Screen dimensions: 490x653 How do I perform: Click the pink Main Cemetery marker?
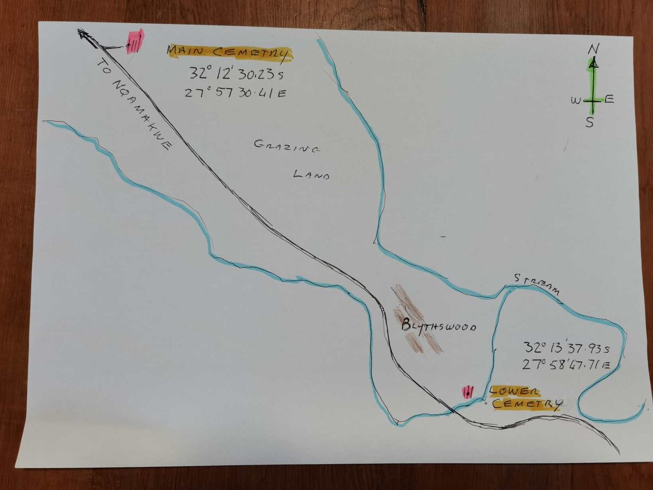(x=134, y=41)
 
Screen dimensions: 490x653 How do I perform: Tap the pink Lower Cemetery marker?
(x=467, y=392)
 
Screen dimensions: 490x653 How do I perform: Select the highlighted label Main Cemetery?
(x=230, y=53)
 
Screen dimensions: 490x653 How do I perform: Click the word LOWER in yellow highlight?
(x=514, y=391)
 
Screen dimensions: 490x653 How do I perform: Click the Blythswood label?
(x=439, y=327)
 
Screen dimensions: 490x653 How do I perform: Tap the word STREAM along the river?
(x=537, y=285)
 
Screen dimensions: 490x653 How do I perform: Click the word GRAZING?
(x=287, y=146)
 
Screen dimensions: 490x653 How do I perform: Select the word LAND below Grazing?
(x=311, y=175)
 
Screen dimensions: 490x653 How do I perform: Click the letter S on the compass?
(x=590, y=122)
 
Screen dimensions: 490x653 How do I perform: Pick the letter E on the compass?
(x=609, y=99)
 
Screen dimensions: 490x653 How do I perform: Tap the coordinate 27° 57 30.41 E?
(x=235, y=93)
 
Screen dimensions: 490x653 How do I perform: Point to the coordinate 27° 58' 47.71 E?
(x=566, y=364)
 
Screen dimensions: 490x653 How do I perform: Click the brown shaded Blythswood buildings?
(x=416, y=318)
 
